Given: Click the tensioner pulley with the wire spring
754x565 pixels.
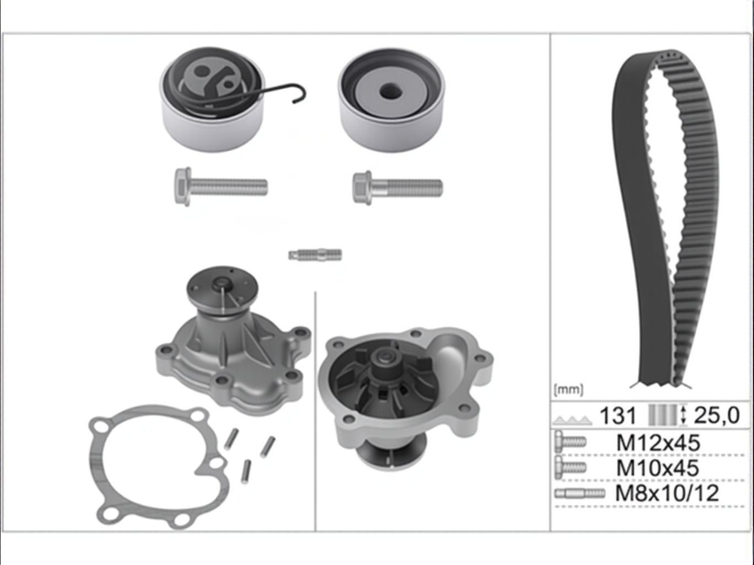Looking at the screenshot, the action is click(x=212, y=100).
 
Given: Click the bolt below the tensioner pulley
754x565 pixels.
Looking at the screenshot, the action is click(x=221, y=186).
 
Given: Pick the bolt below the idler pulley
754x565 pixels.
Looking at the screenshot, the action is click(x=397, y=188).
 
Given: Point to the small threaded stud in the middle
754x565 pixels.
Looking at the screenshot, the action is click(x=315, y=255).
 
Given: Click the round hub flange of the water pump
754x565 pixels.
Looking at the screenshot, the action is click(x=222, y=287).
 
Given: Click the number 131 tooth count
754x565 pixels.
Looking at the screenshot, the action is click(x=617, y=415).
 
